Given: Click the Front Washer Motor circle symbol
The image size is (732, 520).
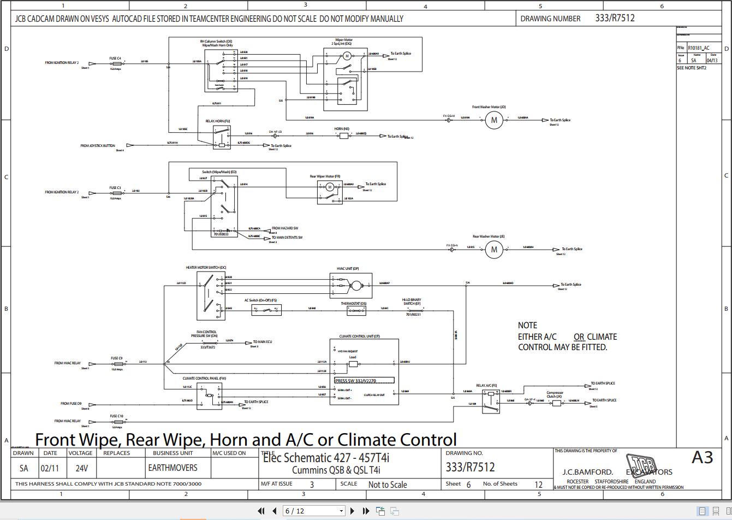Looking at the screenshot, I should (494, 120).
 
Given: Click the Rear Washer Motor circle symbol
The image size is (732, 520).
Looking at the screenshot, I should (494, 250).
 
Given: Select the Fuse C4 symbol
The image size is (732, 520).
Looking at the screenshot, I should (116, 63).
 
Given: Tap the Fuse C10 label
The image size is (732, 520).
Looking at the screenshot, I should (116, 416).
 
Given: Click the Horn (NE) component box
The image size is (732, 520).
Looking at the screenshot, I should (344, 135).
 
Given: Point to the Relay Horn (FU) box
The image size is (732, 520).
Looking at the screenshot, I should (221, 137).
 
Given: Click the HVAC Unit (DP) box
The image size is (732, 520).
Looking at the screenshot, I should (351, 285).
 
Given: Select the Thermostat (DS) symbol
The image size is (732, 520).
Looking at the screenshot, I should (356, 310).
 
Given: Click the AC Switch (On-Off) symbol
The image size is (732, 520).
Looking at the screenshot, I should (266, 310).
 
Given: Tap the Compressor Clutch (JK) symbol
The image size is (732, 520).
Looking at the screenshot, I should (556, 403).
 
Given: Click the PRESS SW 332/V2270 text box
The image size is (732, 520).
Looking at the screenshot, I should (364, 380).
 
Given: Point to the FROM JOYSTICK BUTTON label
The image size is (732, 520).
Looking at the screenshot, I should (98, 146).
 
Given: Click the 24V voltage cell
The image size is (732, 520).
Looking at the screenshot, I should (81, 468).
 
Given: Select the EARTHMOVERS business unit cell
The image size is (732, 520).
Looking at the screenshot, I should (172, 468).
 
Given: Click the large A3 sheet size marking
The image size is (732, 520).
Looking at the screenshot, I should (702, 457).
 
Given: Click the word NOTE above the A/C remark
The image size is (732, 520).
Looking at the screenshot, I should (527, 325).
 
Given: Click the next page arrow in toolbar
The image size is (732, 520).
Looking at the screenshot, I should (352, 511).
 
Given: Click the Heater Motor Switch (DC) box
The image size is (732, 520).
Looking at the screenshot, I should (211, 296).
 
